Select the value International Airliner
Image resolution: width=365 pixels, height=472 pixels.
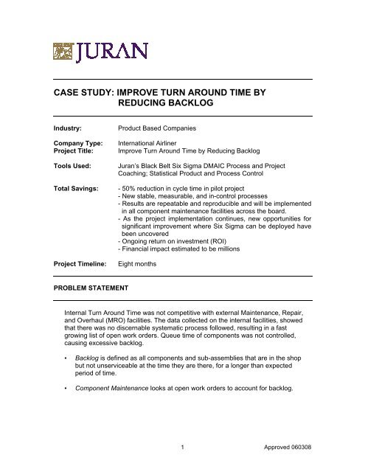click(x=153, y=147)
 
